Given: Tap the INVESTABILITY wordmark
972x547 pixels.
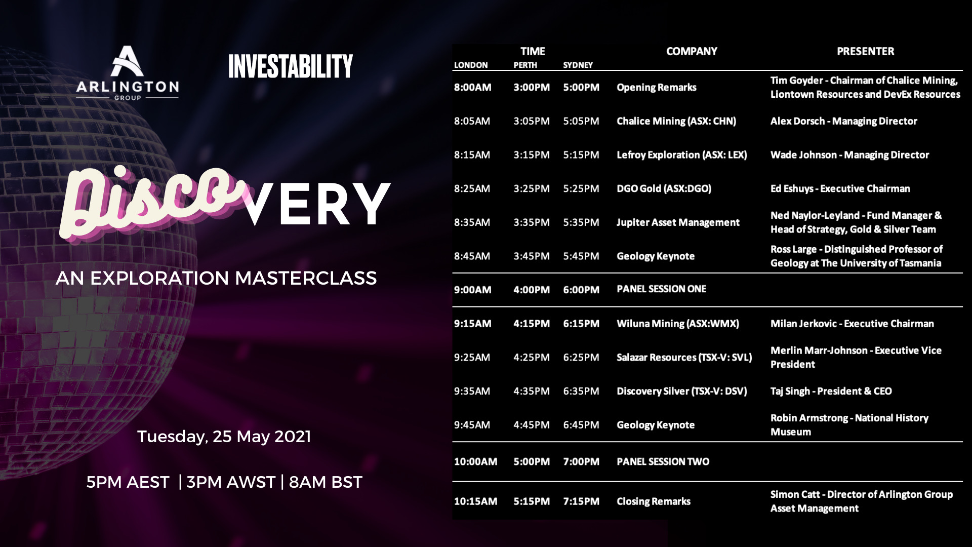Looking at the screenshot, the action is click(x=291, y=66).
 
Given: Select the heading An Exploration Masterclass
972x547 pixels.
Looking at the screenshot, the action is click(x=216, y=278).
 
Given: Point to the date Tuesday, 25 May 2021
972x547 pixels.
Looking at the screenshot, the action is click(x=224, y=437).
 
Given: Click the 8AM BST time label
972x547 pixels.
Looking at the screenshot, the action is click(x=326, y=482).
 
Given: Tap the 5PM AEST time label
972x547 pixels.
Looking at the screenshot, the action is click(x=128, y=482).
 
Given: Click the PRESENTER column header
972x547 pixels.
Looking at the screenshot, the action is click(x=865, y=51).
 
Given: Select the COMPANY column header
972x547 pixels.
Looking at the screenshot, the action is click(x=692, y=51).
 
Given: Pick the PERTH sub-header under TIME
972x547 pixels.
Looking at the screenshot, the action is click(x=525, y=65).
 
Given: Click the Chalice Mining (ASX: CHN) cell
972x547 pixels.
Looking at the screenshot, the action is click(x=676, y=121).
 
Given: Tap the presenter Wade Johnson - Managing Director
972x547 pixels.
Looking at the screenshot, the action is click(x=849, y=155).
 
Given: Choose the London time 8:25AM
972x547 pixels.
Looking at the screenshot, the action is click(x=472, y=188).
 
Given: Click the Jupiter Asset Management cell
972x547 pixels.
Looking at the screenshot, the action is click(x=678, y=222).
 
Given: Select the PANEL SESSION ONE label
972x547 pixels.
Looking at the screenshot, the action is click(x=661, y=289).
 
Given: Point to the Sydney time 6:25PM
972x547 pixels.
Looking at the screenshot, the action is click(x=581, y=358).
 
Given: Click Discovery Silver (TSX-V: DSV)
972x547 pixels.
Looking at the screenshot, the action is click(x=682, y=391).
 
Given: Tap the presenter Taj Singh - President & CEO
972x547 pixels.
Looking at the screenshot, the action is click(x=831, y=391).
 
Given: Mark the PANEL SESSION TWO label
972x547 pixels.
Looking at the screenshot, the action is click(x=663, y=461).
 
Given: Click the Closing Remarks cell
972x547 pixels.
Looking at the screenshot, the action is click(x=654, y=501).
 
